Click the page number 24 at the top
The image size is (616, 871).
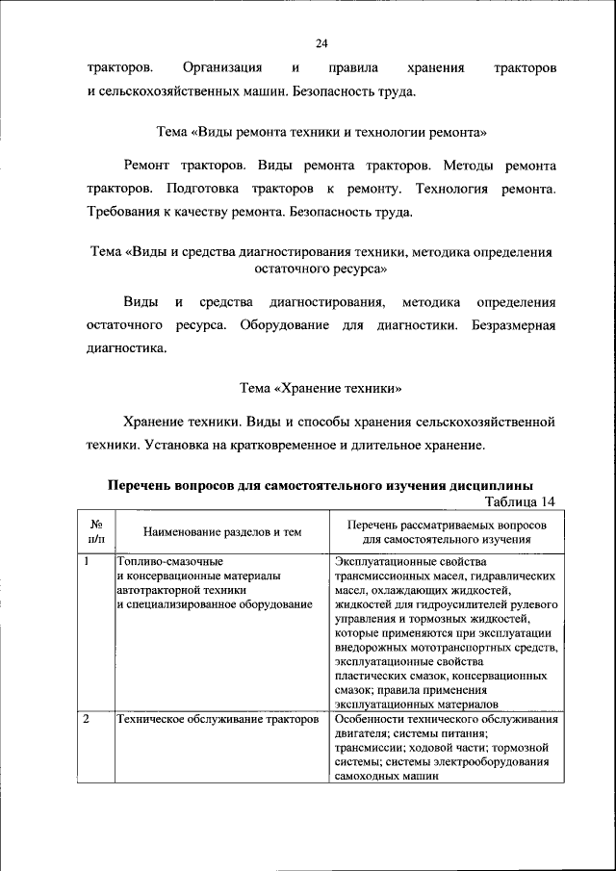(x=321, y=43)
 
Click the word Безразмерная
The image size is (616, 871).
(x=514, y=325)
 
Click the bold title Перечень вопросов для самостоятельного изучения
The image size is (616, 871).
(x=321, y=485)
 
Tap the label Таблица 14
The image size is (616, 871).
(x=522, y=501)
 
